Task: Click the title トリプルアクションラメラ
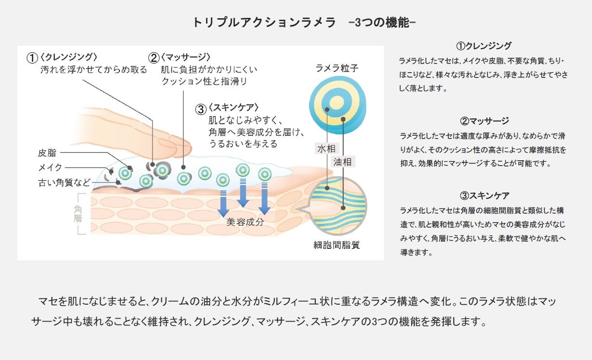tap(264, 23)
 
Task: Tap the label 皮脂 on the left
tap(47, 153)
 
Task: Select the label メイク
tap(50, 167)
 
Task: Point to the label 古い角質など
tap(64, 182)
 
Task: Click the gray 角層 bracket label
tap(78, 214)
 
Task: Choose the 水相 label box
tap(326, 149)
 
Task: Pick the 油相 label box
tap(343, 162)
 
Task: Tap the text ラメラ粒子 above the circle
tap(337, 68)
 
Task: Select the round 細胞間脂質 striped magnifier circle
tap(337, 206)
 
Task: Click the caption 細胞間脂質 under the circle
tap(336, 245)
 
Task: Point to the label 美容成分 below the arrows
tap(245, 222)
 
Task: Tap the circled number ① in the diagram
tap(32, 58)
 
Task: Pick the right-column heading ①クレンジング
tap(483, 46)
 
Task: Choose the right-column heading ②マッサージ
tap(484, 121)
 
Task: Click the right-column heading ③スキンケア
tap(484, 196)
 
